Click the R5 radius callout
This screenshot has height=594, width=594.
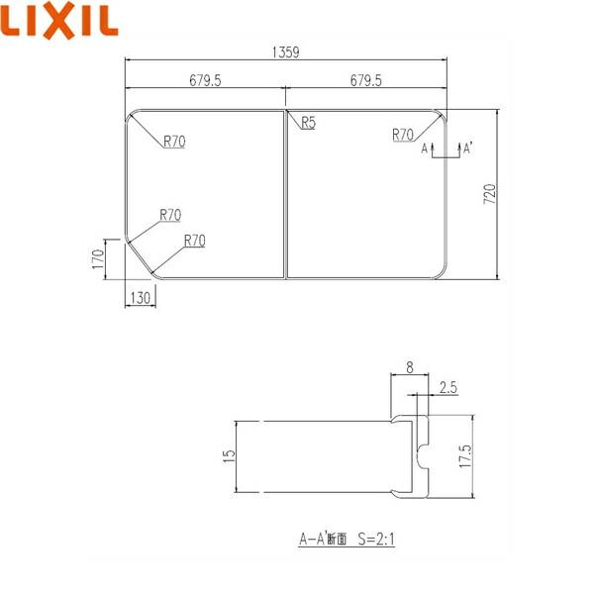[308, 124]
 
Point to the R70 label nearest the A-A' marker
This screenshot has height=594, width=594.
[403, 134]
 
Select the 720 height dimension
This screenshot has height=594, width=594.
[488, 194]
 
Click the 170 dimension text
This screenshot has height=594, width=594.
[97, 259]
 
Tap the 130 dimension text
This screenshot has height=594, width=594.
[140, 298]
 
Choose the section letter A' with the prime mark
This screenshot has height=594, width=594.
[466, 148]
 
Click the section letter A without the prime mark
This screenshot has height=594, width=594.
[425, 148]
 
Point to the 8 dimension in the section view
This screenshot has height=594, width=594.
[410, 367]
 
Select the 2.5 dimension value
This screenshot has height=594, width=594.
[446, 389]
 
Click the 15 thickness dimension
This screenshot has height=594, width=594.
[229, 455]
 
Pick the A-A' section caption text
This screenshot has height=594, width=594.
[322, 541]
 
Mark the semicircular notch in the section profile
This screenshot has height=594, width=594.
[424, 455]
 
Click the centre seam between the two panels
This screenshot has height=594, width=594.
[285, 194]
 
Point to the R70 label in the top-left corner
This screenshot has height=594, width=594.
[174, 141]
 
